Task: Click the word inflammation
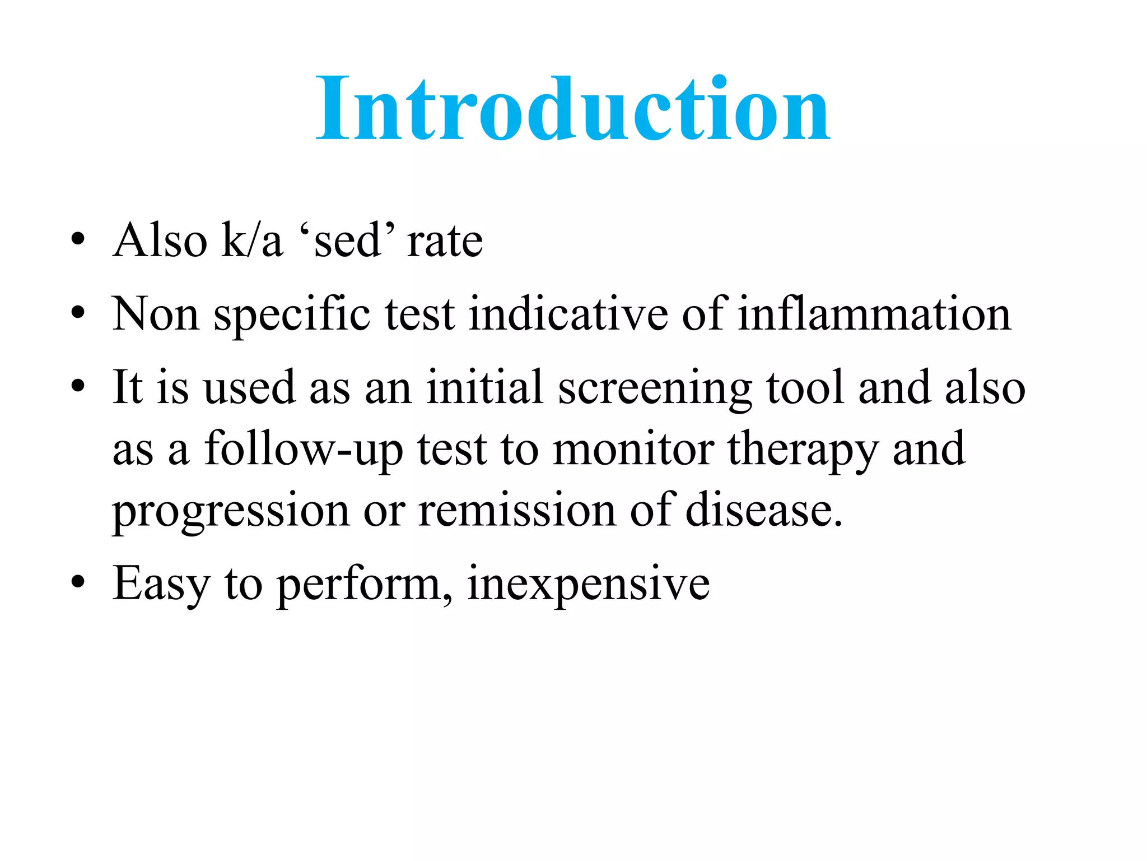point(874,314)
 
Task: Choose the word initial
point(484,387)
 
